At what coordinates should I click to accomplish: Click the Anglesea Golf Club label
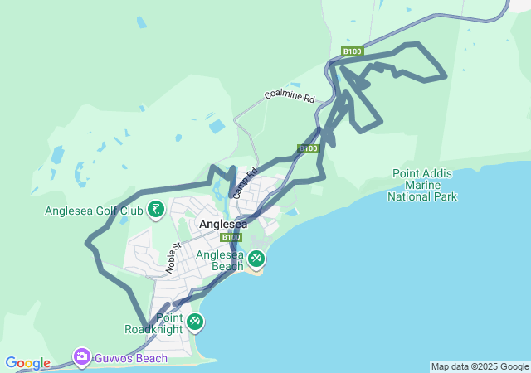[x=94, y=211]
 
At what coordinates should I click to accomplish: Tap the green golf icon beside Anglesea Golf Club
[x=155, y=210]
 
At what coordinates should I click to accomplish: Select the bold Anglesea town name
[x=223, y=224]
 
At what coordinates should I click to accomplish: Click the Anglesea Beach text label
[x=220, y=260]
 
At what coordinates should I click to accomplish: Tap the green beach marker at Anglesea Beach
[x=256, y=259]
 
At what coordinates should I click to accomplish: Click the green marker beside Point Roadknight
[x=194, y=322]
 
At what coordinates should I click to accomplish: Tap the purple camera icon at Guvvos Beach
[x=81, y=357]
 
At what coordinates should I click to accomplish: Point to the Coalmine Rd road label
[x=290, y=96]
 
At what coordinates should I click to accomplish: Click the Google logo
[x=27, y=363]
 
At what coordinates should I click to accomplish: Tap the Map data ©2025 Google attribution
[x=480, y=366]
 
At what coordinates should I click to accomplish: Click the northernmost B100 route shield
[x=352, y=51]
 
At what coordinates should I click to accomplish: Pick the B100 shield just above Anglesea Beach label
[x=231, y=237]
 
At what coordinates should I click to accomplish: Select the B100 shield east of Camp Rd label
[x=309, y=148]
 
